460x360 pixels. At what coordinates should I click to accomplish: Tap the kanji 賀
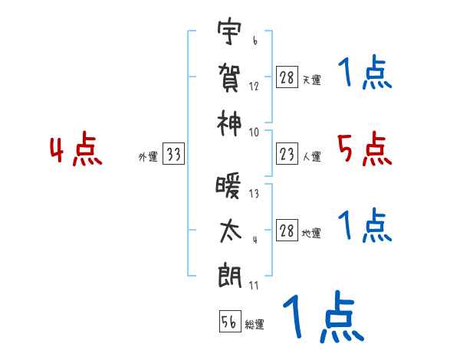pos(229,77)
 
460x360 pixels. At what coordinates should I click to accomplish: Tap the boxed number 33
pos(174,155)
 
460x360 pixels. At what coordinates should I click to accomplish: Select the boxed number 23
pos(287,155)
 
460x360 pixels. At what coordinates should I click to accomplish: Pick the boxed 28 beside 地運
pos(287,231)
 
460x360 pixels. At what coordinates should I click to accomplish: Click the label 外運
pos(147,157)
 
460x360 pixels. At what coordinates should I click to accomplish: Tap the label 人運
pos(311,157)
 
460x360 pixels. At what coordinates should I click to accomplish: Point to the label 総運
pos(255,325)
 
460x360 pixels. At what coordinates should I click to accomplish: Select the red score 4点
pos(76,151)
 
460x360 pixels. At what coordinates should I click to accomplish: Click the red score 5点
pos(364,149)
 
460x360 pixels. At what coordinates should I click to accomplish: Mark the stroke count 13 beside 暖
pos(255,195)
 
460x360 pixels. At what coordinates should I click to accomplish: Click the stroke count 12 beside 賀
pos(255,87)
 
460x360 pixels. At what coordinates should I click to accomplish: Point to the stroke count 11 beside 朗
pos(255,286)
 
